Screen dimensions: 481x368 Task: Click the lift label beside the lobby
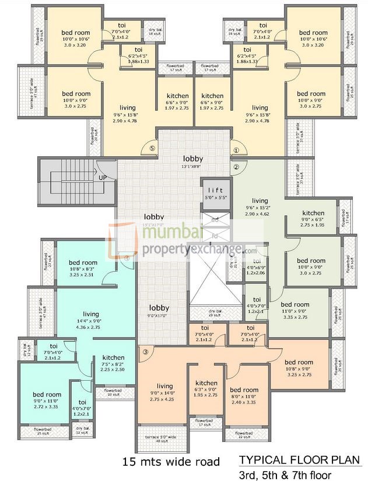(x=211, y=190)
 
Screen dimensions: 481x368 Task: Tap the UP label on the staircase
(x=103, y=177)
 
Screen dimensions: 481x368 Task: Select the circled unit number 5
(x=152, y=149)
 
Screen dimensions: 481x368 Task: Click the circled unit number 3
(x=145, y=352)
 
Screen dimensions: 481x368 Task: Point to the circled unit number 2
(x=236, y=167)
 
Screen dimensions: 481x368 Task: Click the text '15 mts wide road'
(x=171, y=462)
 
